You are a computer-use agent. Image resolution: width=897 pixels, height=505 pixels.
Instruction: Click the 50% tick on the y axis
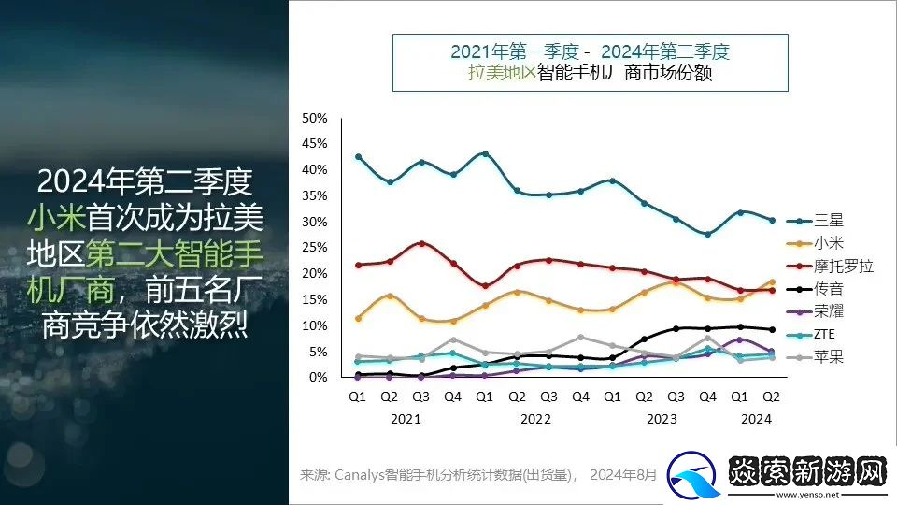[315, 118]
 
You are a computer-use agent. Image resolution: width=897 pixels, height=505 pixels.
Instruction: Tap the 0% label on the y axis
[318, 377]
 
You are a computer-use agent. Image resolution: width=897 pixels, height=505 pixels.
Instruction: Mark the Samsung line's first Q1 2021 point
[358, 156]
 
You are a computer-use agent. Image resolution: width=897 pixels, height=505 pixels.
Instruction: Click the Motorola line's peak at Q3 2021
[421, 243]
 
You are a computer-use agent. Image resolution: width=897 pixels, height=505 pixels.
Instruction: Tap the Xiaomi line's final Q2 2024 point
[771, 281]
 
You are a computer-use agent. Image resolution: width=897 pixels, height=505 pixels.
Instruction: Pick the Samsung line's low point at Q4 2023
[707, 234]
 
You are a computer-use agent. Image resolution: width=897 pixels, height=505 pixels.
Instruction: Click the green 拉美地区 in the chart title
[503, 72]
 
